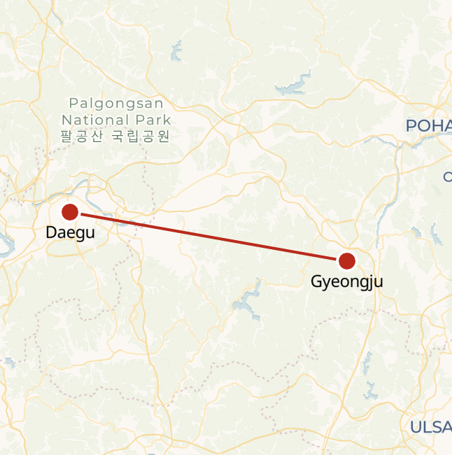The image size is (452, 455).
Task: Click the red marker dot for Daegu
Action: point(70,211)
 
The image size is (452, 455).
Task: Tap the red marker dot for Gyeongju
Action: point(346,261)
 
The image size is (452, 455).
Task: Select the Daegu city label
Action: point(70,232)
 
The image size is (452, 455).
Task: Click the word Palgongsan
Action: point(116,104)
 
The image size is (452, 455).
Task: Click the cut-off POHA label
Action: point(428,125)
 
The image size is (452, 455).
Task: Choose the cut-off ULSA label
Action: point(430,426)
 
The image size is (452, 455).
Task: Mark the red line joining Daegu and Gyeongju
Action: point(210,237)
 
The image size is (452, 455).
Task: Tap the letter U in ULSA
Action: point(415,426)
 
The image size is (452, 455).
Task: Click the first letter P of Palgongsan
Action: point(73,104)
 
